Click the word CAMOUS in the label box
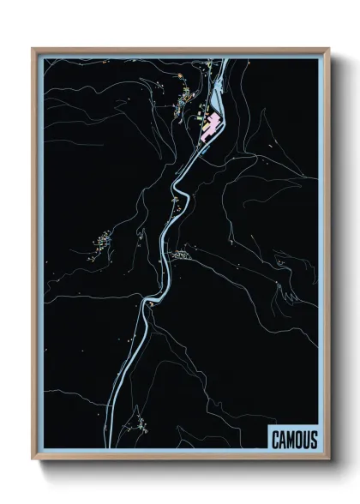[294, 440]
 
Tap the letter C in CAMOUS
[275, 440]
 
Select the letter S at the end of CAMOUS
[313, 440]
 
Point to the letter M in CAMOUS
[290, 440]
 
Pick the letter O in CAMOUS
[297, 440]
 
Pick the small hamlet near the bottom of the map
[137, 421]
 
